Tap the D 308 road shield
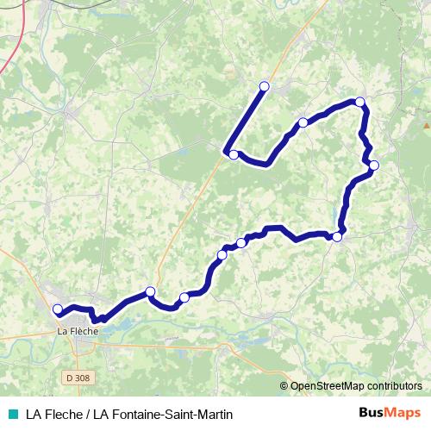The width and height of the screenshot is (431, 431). click(75, 378)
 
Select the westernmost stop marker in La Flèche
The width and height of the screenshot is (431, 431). click(58, 309)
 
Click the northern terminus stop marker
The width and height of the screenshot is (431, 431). click(265, 86)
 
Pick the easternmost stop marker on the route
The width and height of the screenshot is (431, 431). click(374, 165)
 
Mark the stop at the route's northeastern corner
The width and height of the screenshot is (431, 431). click(360, 103)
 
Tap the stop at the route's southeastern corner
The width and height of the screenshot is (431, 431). click(338, 236)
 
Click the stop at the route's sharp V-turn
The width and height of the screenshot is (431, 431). click(233, 154)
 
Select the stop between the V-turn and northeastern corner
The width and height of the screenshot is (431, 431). click(303, 122)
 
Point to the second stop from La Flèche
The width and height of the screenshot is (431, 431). click(150, 291)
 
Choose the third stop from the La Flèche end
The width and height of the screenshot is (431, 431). click(184, 298)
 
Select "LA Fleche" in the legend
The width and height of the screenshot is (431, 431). click(53, 415)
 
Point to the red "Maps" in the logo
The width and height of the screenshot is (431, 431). click(404, 413)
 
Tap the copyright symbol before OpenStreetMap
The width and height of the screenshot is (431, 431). click(284, 385)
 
